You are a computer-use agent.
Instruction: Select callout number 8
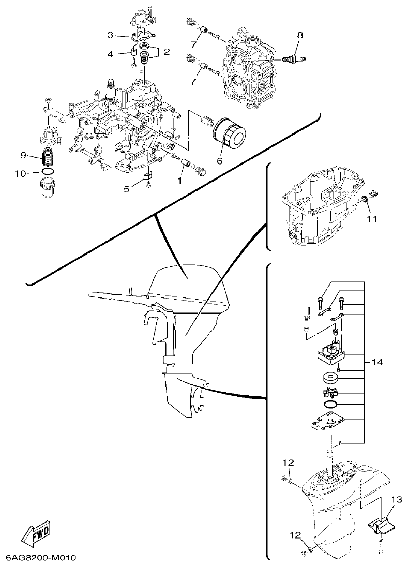[x=299, y=35]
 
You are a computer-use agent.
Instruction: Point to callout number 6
[x=219, y=161]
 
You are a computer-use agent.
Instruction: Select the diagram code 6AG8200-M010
[x=41, y=558]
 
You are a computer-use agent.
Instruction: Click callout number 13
[x=396, y=499]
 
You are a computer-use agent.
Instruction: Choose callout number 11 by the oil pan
[x=372, y=218]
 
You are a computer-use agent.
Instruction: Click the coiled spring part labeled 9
[x=49, y=155]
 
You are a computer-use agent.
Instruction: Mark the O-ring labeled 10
[x=48, y=172]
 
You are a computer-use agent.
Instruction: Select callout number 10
[x=20, y=173]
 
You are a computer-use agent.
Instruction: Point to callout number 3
[x=110, y=35]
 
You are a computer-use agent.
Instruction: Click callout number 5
[x=126, y=189]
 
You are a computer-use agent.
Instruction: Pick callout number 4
[x=110, y=54]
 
